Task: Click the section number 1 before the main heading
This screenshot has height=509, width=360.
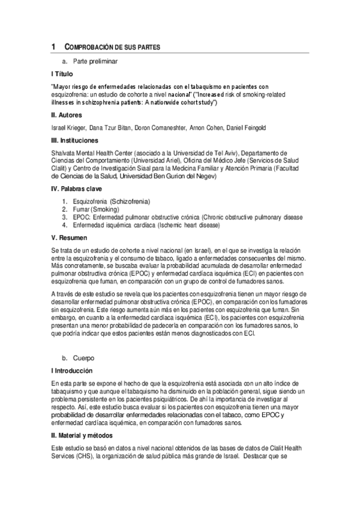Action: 53,47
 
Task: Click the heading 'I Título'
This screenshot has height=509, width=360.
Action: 62,74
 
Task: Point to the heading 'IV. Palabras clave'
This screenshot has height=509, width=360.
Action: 77,188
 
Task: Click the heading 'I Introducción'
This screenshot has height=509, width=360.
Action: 72,371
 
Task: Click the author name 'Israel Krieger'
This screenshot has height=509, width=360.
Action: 69,127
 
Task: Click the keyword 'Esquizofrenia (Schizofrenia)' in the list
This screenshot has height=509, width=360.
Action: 111,200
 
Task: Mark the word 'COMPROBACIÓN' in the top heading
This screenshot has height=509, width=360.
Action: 87,47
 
